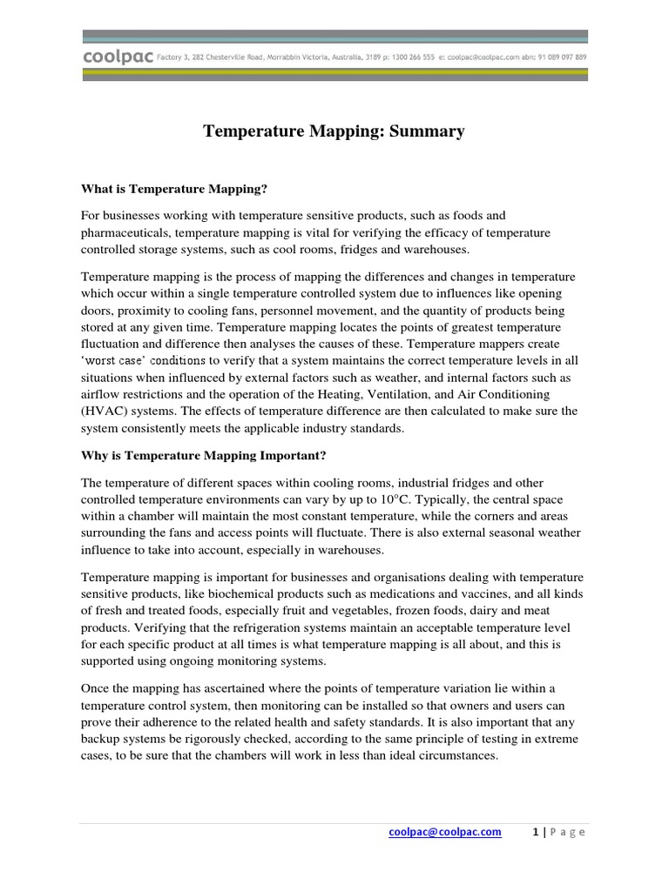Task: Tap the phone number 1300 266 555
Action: [x=435, y=57]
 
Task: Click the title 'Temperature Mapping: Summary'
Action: [x=334, y=131]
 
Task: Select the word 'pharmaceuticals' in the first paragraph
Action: [x=123, y=232]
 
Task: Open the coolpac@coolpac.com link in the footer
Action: [x=445, y=832]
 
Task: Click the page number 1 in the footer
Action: [x=535, y=832]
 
